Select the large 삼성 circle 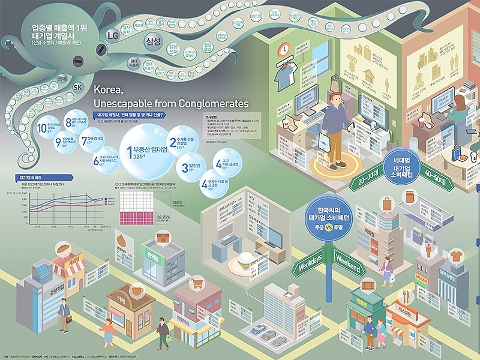[x=154, y=41]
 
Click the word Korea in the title [x=109, y=90]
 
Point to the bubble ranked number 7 [x=92, y=138]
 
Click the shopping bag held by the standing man [x=324, y=142]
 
